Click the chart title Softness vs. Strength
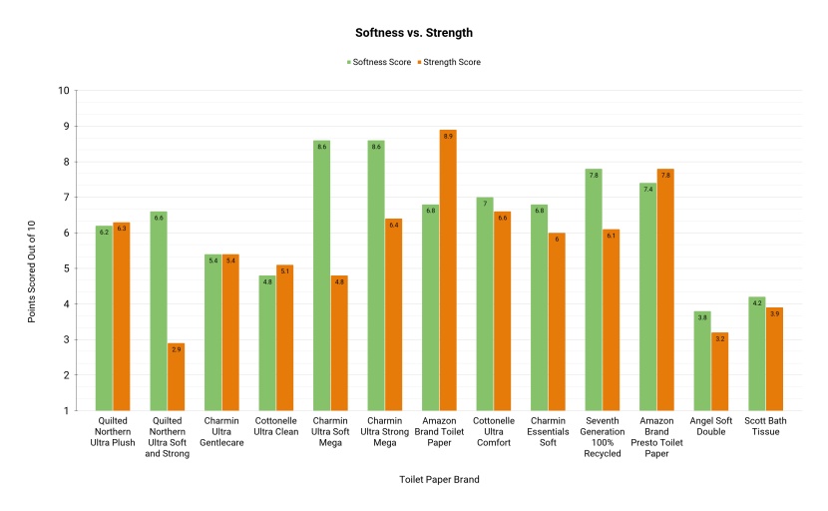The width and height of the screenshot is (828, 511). [414, 33]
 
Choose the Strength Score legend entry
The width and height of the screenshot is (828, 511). [448, 62]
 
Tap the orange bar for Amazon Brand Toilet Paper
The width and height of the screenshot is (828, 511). [448, 270]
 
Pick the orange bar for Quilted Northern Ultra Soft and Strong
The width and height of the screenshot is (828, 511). [176, 376]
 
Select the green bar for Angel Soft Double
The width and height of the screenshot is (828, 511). [702, 360]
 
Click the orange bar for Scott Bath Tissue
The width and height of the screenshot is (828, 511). [774, 358]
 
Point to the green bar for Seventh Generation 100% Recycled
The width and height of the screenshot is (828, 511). [594, 289]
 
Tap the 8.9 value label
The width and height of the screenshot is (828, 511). [448, 136]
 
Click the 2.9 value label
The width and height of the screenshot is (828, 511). [176, 349]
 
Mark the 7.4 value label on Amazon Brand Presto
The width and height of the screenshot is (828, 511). [647, 189]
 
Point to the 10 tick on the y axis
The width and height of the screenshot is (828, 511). [64, 91]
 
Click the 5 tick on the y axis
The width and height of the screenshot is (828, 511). [66, 268]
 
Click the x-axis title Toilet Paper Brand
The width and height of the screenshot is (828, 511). [439, 480]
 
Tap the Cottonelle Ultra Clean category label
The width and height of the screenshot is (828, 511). [275, 426]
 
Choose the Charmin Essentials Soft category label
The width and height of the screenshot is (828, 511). [548, 431]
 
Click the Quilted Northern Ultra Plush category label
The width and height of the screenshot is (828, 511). [112, 431]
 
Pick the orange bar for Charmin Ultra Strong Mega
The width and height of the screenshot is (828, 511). [393, 314]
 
